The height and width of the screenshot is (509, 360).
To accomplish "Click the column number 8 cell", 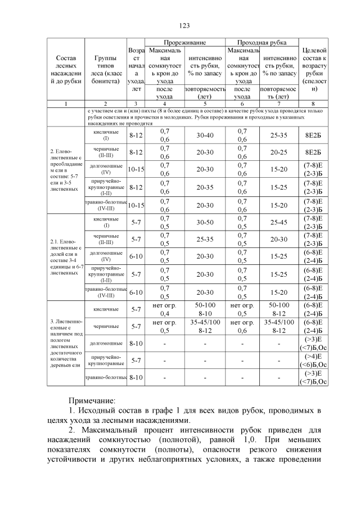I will tap(315, 103).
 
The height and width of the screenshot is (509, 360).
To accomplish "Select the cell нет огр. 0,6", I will tap(242, 326).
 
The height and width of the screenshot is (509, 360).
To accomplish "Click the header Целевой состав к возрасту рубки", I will tap(315, 69).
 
